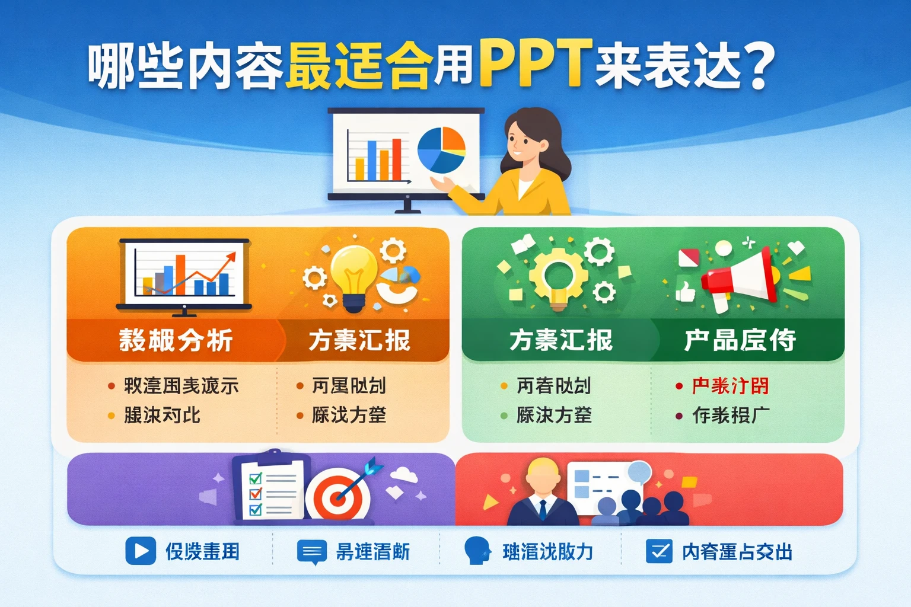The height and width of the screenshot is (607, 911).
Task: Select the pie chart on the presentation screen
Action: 441,149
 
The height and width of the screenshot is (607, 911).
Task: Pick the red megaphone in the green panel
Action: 741,276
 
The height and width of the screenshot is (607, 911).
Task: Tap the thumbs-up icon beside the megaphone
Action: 686,292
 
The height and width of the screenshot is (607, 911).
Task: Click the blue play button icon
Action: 141,551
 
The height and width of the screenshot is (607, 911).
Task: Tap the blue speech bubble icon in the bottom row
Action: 311,552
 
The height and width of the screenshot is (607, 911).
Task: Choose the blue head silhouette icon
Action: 477,551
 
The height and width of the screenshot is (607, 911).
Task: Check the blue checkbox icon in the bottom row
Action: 659,551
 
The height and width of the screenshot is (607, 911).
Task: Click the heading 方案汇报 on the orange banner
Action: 359,340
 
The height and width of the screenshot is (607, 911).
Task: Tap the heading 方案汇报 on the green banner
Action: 561,340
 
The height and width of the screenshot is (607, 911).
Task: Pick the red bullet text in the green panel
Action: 730,386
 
